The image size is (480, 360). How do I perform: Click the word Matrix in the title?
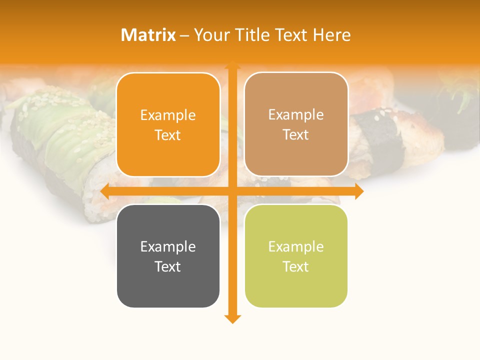148,35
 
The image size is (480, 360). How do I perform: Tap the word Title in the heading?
248,35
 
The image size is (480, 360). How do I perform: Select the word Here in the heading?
332,35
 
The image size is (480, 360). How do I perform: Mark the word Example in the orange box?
168,115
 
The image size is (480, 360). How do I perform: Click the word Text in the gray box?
168,266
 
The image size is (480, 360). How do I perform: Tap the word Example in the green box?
296,246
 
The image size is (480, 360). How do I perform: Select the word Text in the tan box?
296,135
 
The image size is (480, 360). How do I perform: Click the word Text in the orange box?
168,135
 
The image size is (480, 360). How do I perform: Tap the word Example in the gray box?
168,246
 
